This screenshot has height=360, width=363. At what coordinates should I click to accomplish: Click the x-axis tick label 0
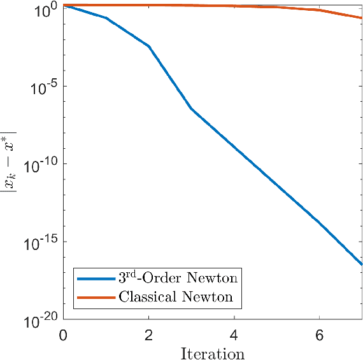tap(63, 335)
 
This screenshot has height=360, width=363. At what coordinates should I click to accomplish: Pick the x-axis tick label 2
tap(149, 335)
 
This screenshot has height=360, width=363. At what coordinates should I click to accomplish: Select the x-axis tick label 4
tap(234, 335)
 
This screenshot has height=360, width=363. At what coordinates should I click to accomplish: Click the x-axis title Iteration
tap(213, 351)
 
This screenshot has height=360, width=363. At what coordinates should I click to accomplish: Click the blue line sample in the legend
tap(96, 278)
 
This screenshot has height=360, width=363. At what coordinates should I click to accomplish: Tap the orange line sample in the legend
tap(96, 297)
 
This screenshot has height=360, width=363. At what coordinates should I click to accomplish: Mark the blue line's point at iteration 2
tap(149, 46)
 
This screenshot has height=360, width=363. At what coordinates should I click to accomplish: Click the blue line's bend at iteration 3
tap(192, 109)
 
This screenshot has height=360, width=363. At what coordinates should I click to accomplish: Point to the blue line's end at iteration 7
tap(362, 264)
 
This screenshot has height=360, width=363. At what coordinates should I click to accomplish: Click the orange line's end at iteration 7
tap(362, 18)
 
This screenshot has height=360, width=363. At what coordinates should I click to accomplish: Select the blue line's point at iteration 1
tap(106, 18)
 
